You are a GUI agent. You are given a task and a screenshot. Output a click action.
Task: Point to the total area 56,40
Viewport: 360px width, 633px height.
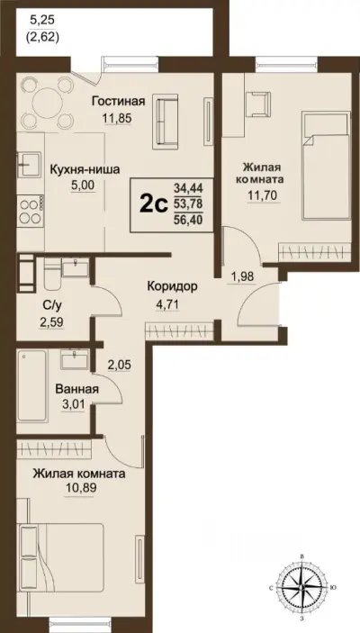coord(190,219)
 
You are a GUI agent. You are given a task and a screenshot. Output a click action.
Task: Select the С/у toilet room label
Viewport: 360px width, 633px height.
coord(51,304)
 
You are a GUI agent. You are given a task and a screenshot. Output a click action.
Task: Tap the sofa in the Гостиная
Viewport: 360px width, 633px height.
coord(168,117)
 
